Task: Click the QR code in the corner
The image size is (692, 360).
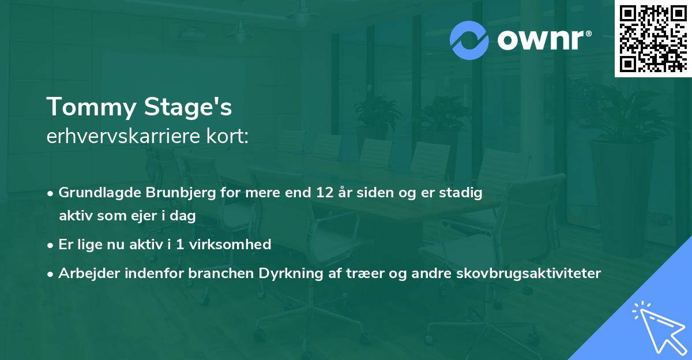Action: (x=652, y=38)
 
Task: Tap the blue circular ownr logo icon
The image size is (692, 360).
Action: (x=469, y=40)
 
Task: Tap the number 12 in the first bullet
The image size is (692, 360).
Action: (x=318, y=193)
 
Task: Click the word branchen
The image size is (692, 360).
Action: (x=217, y=273)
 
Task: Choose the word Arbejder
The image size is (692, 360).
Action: (x=85, y=273)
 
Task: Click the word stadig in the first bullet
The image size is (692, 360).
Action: (x=460, y=193)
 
